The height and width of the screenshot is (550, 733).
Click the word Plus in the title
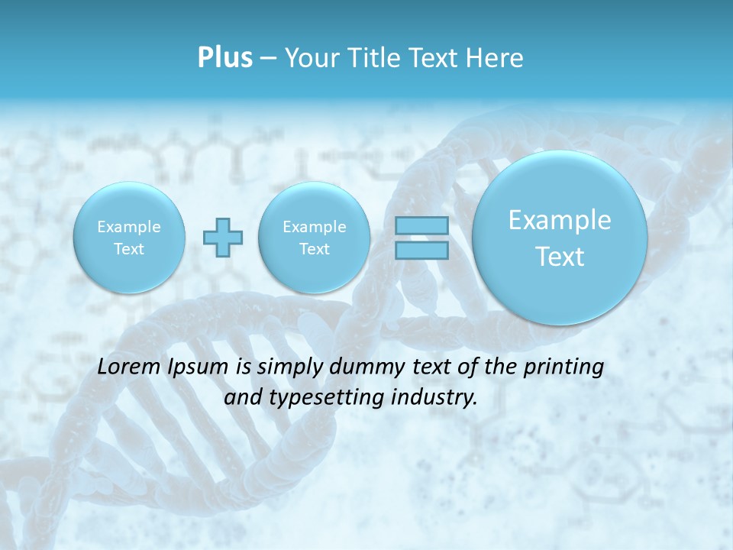(224, 58)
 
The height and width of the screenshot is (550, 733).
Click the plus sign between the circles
(223, 238)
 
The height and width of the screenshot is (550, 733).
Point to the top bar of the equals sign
(421, 225)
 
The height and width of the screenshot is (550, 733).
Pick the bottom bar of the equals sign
(421, 251)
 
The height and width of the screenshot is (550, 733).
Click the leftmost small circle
(129, 237)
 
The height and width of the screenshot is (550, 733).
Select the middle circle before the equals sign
(314, 237)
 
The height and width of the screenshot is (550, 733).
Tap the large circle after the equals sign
(560, 237)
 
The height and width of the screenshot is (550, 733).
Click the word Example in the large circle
(560, 220)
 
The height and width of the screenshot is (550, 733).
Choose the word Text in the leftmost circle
(129, 249)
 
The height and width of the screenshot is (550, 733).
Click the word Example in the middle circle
(314, 227)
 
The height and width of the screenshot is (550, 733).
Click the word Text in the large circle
(560, 257)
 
